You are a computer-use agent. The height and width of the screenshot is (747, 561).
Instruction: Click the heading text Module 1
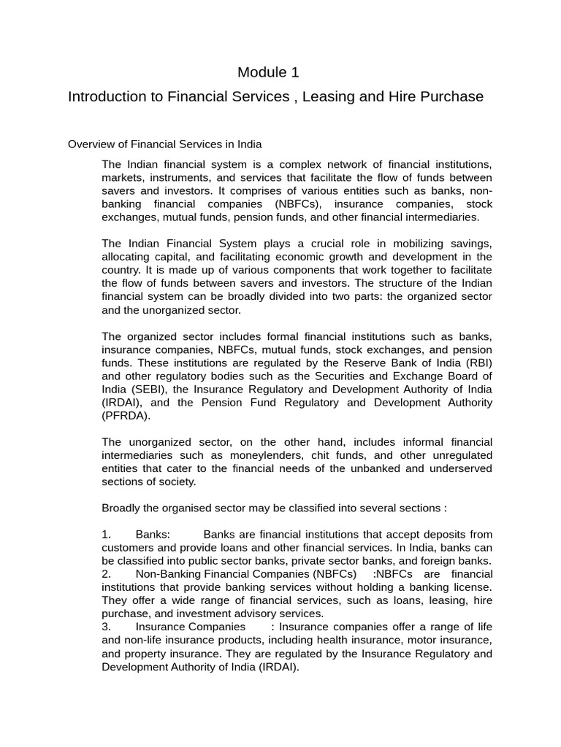(x=268, y=72)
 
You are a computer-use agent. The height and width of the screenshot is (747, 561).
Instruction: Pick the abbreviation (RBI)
(x=476, y=363)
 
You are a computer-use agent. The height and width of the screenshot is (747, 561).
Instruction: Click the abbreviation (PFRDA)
(x=129, y=415)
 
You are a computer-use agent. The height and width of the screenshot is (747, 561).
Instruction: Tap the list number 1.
(x=107, y=534)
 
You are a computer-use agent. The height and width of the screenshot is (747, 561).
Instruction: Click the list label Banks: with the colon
(x=153, y=534)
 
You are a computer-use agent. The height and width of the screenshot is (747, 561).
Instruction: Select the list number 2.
(x=107, y=574)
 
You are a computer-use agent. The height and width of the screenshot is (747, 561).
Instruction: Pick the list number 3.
(x=107, y=627)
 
